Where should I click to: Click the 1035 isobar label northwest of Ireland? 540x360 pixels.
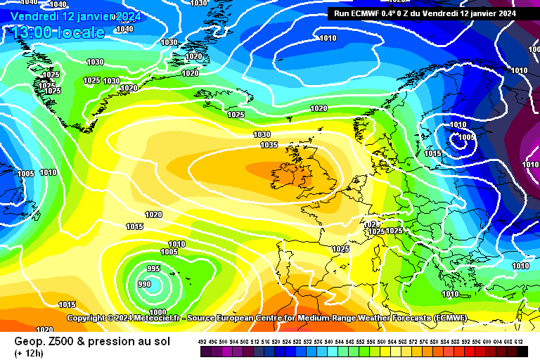[x=269, y=146]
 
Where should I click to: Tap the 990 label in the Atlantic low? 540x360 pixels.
[x=144, y=284]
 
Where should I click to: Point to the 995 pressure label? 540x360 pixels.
[x=153, y=269]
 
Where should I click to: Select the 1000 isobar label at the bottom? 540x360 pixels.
[x=157, y=312]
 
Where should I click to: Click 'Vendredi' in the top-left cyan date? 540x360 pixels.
[x=34, y=16]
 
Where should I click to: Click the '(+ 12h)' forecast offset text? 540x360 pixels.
[x=28, y=353]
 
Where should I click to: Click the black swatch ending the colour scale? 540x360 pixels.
[x=522, y=350]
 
